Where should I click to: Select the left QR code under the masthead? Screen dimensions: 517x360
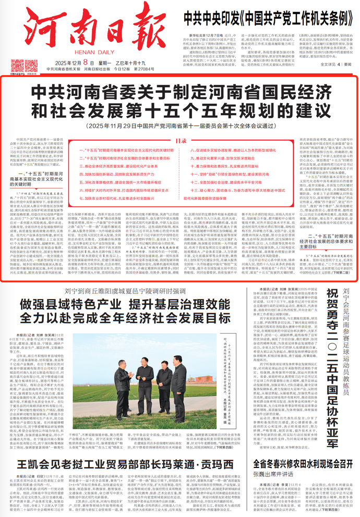pyautogui.click(x=17, y=65)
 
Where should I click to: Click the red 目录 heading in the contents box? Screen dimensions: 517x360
pyautogui.click(x=180, y=126)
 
